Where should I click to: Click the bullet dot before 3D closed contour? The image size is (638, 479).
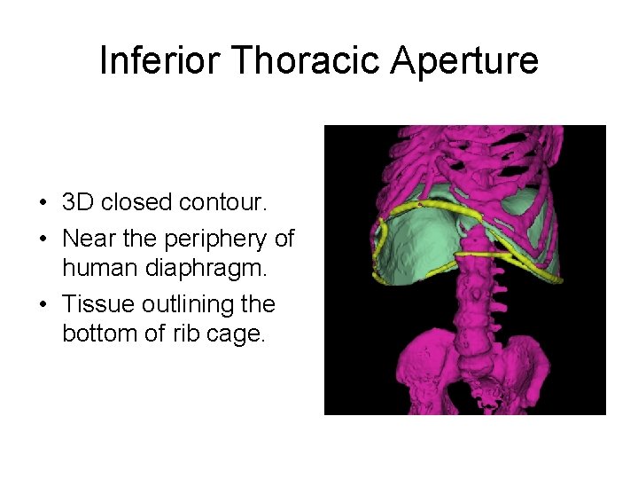click(43, 203)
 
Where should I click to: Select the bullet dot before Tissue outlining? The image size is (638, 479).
click(43, 305)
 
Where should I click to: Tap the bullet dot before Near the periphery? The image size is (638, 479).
click(43, 240)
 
